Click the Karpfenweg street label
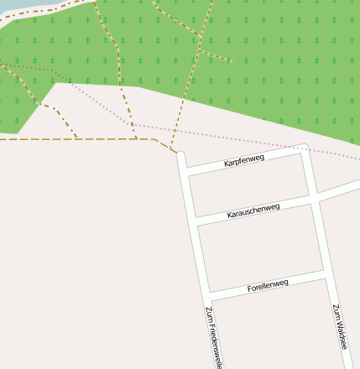[244, 160]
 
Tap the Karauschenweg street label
[253, 210]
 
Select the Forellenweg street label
[268, 286]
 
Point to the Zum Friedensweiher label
[213, 337]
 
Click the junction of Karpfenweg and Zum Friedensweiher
[185, 170]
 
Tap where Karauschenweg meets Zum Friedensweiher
[195, 221]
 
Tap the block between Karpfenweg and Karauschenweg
[249, 186]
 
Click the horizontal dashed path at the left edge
[34, 139]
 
